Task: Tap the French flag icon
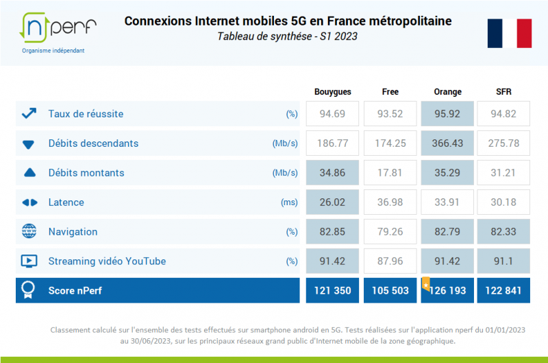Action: pyautogui.click(x=510, y=33)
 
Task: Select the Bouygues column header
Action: pyautogui.click(x=332, y=92)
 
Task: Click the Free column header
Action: pyautogui.click(x=390, y=92)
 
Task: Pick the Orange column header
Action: pyautogui.click(x=447, y=92)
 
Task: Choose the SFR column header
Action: pyautogui.click(x=503, y=92)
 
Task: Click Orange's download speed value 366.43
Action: pyautogui.click(x=448, y=143)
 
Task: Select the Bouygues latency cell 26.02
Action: pyautogui.click(x=333, y=202)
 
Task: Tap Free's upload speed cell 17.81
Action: pyautogui.click(x=390, y=173)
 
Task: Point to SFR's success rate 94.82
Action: pyautogui.click(x=504, y=114)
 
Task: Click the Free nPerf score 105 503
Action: pyautogui.click(x=390, y=291)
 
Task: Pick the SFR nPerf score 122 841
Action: pyautogui.click(x=504, y=291)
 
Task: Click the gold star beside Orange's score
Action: pyautogui.click(x=425, y=283)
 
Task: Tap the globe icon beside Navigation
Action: pyautogui.click(x=29, y=232)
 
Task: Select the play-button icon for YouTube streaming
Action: pyautogui.click(x=29, y=261)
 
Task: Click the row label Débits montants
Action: pyautogui.click(x=86, y=173)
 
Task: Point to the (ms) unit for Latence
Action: pyautogui.click(x=289, y=202)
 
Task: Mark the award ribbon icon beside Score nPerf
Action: pyautogui.click(x=29, y=290)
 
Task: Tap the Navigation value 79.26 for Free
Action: pyautogui.click(x=390, y=232)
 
